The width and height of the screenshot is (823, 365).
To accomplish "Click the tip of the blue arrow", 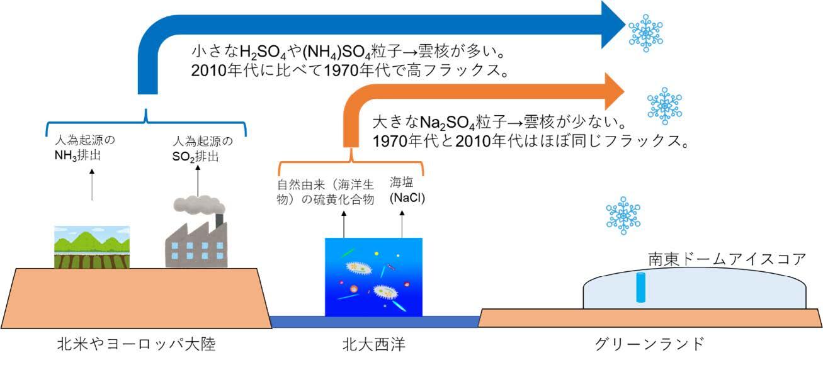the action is [625, 25].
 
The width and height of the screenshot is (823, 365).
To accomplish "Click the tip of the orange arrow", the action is [624, 91].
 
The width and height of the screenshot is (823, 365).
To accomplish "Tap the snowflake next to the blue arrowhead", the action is [645, 33].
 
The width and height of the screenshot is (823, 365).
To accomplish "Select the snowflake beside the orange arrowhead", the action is [664, 106].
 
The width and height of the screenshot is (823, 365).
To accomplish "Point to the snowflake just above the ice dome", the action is [623, 216].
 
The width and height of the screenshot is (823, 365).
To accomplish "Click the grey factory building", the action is [196, 244].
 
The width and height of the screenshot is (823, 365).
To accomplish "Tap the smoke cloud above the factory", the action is [198, 204].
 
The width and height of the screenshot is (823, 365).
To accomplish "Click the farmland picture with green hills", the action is [92, 247].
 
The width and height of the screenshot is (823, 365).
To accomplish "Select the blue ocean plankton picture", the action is [373, 277].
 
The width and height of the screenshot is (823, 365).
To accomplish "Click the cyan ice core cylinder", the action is [641, 288].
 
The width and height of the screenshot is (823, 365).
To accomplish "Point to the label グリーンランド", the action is [649, 344].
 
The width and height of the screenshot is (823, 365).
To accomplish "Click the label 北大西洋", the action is [373, 344].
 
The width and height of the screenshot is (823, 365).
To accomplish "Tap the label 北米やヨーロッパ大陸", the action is [136, 344].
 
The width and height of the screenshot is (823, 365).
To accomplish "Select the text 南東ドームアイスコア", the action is [727, 259].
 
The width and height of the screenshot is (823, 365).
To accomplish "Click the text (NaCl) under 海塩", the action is [407, 198].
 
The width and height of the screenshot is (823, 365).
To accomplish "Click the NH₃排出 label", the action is [77, 155].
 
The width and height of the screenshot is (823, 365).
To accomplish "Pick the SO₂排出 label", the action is [195, 157].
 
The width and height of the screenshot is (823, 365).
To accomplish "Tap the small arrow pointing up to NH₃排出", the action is [92, 185].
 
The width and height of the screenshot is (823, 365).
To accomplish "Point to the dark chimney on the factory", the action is [219, 220].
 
